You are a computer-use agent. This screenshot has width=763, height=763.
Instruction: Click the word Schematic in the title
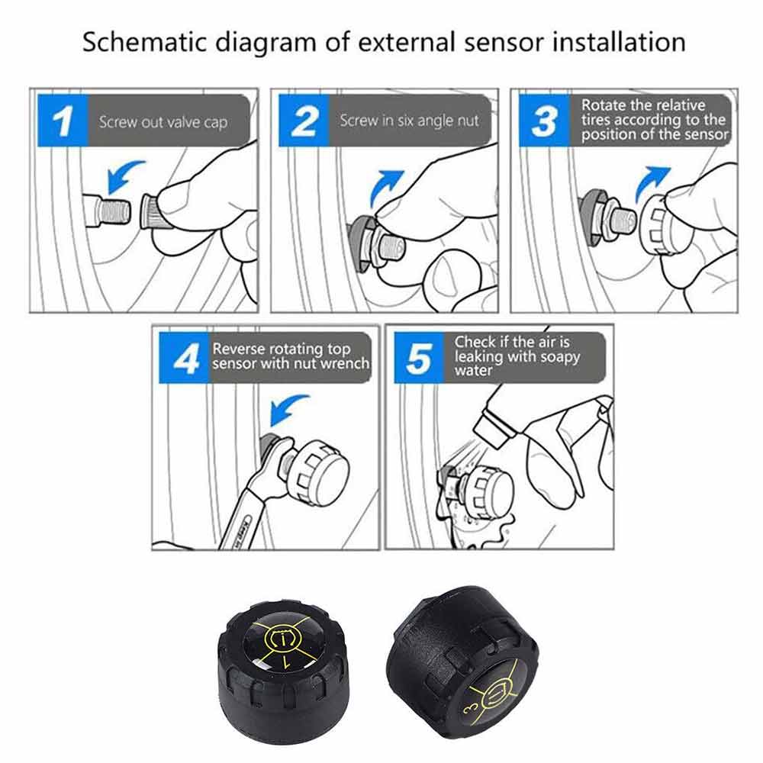144,43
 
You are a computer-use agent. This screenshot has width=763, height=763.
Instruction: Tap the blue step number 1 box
63,121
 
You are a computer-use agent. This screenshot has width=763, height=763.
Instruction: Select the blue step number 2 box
304,121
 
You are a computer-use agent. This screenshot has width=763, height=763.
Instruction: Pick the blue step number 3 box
544,121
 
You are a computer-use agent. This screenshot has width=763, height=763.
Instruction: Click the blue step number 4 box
184,358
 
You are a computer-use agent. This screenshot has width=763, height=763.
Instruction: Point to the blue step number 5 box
419,358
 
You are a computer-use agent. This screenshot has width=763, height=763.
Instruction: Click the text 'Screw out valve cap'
163,122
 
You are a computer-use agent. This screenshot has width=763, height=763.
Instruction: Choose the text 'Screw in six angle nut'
409,121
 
